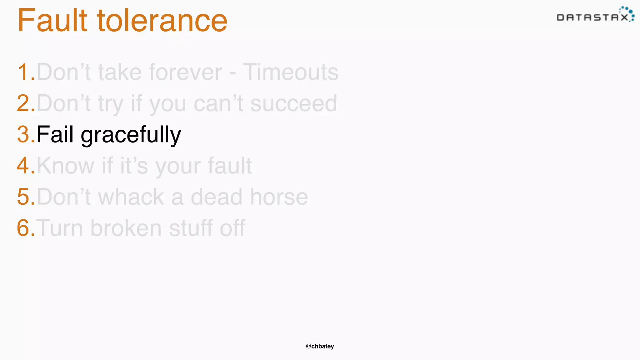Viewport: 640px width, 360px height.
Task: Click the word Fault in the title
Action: (52, 21)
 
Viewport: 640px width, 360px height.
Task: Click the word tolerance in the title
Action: (162, 21)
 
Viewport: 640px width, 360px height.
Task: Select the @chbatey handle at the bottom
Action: (320, 346)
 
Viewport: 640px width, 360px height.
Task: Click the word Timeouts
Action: (291, 72)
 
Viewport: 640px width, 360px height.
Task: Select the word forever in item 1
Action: (185, 72)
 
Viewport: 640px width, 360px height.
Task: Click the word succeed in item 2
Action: (294, 103)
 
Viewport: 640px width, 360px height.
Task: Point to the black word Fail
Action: (55, 134)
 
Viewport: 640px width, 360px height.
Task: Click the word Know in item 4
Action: (65, 165)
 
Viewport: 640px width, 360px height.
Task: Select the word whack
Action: (131, 197)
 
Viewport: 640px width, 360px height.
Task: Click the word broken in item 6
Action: (126, 228)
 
